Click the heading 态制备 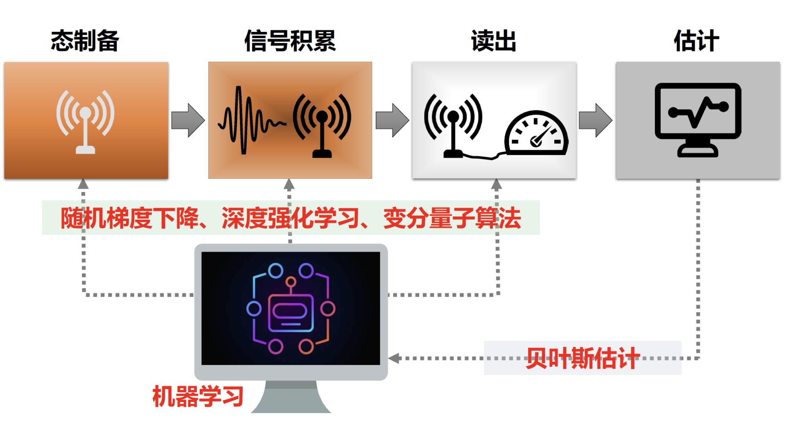tap(85, 41)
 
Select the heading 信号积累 tap(290, 41)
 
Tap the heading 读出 tap(493, 41)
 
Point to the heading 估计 tap(696, 41)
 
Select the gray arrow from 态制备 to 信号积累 tap(188, 120)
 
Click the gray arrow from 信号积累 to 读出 tap(392, 120)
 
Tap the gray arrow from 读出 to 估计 tap(596, 120)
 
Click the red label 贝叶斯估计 tap(583, 359)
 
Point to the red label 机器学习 tap(198, 396)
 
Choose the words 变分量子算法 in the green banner tap(452, 218)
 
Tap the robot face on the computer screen tap(291, 313)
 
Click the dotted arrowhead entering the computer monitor tap(394, 359)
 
